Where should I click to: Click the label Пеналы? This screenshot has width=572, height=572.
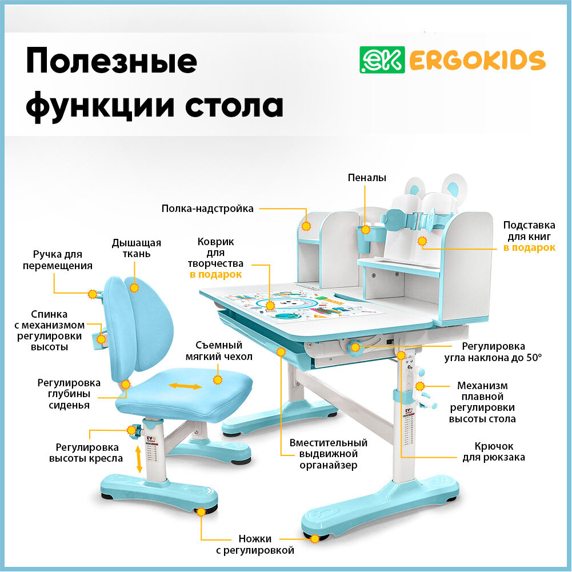point(367,178)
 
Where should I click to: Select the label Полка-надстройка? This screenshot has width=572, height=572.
point(207,209)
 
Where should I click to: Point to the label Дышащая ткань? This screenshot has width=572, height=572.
point(136,248)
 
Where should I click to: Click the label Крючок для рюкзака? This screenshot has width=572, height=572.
point(494,451)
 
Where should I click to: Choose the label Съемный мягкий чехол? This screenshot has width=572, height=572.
point(219,351)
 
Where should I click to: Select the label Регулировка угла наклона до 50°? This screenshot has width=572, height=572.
point(493,352)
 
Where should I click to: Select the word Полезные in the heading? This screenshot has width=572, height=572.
point(111,62)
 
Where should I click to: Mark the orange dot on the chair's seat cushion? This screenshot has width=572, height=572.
point(217,379)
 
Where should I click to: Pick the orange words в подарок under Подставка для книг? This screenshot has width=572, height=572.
point(529,248)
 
